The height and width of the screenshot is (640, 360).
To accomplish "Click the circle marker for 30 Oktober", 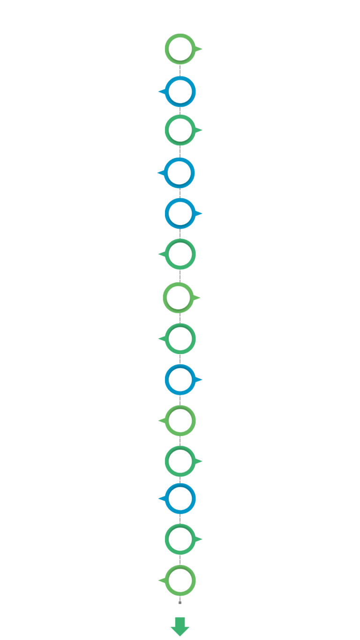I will pyautogui.click(x=180, y=48).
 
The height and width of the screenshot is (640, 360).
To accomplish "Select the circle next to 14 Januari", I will pyautogui.click(x=180, y=173).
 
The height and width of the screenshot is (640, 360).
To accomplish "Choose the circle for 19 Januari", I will pyautogui.click(x=180, y=254).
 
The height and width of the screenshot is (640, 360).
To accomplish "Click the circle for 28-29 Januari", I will pyautogui.click(x=180, y=498).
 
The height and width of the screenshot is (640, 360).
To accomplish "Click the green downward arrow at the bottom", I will pyautogui.click(x=180, y=626).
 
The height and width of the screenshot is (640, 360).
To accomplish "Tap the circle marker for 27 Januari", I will pyautogui.click(x=180, y=461).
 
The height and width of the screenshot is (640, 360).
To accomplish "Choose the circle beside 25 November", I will pyautogui.click(x=180, y=91).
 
